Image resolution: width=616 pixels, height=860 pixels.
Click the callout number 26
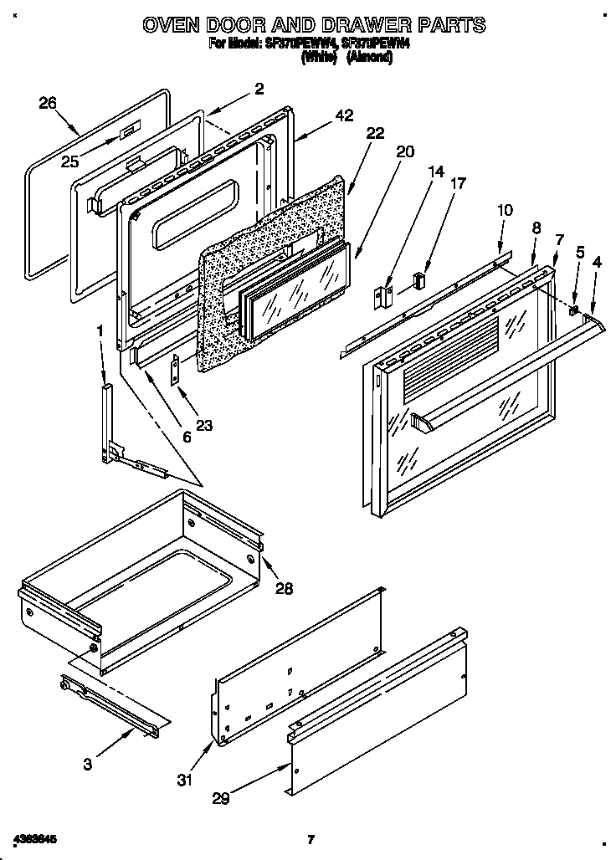coord(48,103)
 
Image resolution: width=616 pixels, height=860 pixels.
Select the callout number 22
coord(375,132)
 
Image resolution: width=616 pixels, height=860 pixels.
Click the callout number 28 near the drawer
coord(285,587)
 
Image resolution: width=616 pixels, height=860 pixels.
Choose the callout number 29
coord(220,799)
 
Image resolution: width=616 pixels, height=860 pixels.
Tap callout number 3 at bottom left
coord(88,763)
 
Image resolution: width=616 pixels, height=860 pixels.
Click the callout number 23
coord(203,425)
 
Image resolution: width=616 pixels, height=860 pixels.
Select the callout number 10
coord(503,210)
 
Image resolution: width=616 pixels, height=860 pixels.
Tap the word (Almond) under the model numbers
coord(369,57)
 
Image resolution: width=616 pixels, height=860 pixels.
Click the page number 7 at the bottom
coord(310,838)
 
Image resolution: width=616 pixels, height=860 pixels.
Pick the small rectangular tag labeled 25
coord(126,132)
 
